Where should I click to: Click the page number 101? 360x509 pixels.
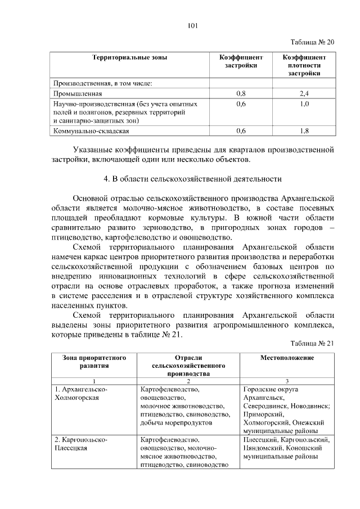pos(192,25)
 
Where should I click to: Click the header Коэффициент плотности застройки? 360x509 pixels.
pos(304,65)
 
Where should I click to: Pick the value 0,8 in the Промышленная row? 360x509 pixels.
pos(241,94)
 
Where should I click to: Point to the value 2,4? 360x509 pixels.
pos(304,94)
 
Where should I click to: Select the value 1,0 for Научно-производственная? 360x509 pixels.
pos(304,104)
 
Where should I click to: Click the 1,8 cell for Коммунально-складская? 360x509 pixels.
pos(304,131)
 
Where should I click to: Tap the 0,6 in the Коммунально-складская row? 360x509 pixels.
pos(241,131)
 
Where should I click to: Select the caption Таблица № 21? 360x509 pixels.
pos(312,344)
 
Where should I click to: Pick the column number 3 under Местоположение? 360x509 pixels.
pos(287,381)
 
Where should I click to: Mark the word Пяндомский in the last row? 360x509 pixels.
pos(262,448)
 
